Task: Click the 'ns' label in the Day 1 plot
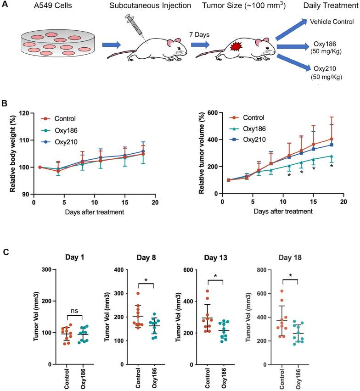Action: click(x=75, y=310)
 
